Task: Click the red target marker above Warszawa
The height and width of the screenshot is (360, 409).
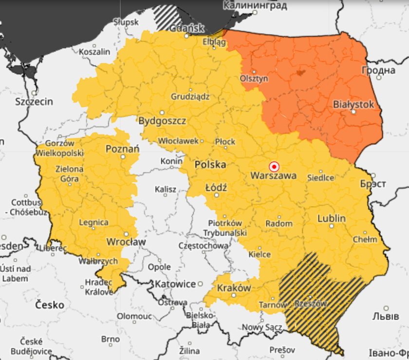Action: click(274, 166)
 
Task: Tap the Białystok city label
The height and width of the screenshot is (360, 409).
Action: click(353, 104)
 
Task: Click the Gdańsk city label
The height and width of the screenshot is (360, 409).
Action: click(187, 29)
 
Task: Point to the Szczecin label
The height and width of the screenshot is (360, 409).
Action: click(34, 102)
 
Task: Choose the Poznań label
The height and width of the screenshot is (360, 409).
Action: click(123, 149)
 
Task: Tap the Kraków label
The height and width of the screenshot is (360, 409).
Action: click(234, 288)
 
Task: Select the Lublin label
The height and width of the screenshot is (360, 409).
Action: click(332, 218)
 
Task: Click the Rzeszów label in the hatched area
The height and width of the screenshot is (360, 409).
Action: click(311, 303)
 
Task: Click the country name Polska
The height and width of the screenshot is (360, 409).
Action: click(210, 165)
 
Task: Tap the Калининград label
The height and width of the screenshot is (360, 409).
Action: click(255, 6)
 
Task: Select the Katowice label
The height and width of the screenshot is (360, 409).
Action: click(175, 284)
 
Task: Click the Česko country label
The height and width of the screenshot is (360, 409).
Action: click(50, 305)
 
